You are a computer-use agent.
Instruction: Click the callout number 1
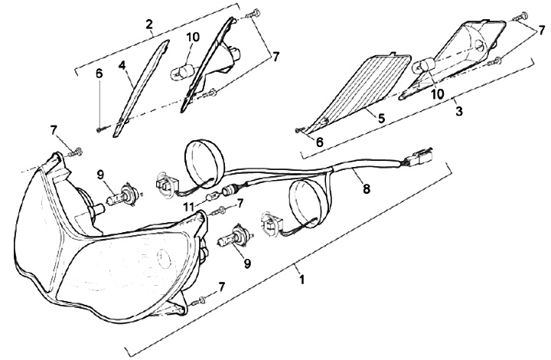point(303,280)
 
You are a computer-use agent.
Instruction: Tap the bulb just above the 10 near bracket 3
point(422,69)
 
